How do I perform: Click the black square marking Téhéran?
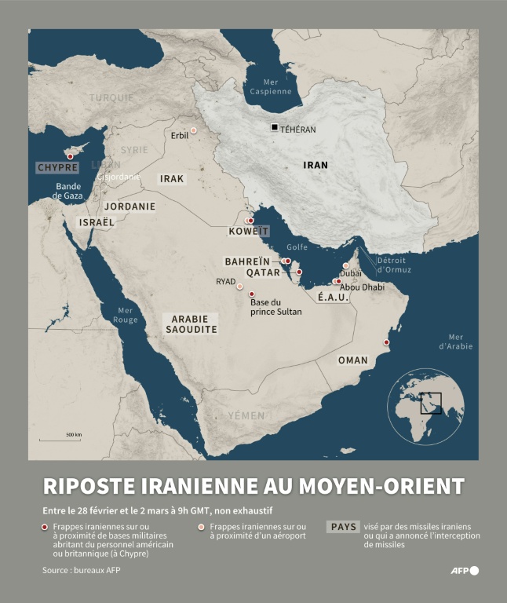point(274,127)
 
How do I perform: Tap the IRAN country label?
point(316,166)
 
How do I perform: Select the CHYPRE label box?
point(58,168)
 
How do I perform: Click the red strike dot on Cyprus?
point(70,156)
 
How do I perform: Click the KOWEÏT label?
point(248,232)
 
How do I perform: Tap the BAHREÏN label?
point(247,261)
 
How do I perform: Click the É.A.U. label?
point(333,298)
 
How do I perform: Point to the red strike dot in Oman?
point(386,342)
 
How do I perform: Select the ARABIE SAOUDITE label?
point(191,324)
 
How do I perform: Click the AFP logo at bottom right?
point(464,571)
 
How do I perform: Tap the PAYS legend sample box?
point(343,528)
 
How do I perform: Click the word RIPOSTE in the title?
point(93,485)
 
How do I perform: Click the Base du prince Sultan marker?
point(251,293)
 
